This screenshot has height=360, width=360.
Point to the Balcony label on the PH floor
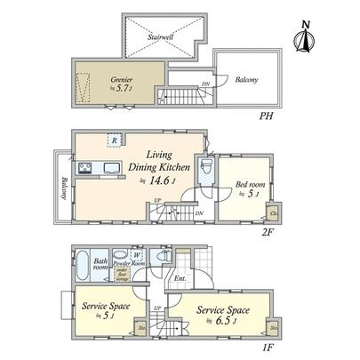tap(247, 81)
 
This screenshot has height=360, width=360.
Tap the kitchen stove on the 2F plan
tap(85, 168)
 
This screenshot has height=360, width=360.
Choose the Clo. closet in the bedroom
tap(274, 213)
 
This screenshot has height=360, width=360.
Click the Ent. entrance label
tap(180, 279)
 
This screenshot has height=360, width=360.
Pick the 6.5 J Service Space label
tap(222, 315)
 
